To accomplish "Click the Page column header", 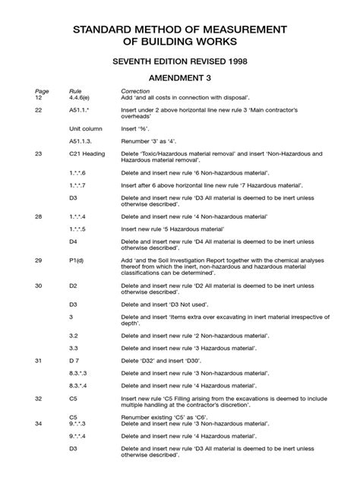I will tap(41, 91).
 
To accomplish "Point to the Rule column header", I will tap(75, 91).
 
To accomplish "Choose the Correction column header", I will tap(137, 91).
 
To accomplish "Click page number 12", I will tap(39, 98).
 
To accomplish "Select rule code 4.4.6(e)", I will tap(81, 98).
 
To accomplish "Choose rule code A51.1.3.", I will tap(81, 141).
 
